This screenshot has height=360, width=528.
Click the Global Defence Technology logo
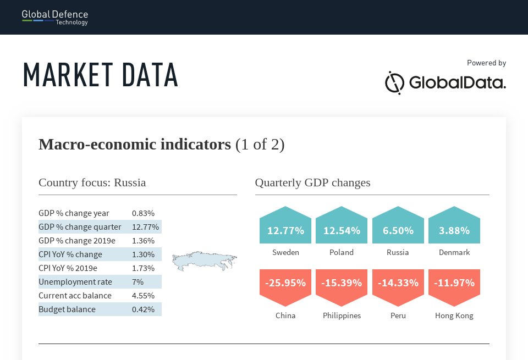55,17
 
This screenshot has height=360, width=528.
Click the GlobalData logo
445,83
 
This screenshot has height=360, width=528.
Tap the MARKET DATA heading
101,75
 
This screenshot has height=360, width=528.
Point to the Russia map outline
204,261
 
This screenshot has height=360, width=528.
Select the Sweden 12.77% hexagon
285,230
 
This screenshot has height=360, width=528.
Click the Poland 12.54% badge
342,230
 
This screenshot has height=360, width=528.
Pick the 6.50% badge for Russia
398,230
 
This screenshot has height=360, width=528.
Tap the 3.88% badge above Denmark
454,230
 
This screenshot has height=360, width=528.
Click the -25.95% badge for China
285,284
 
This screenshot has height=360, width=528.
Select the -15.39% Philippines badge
342,284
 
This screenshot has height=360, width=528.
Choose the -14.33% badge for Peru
398,284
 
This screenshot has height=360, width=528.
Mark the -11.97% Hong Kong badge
454,284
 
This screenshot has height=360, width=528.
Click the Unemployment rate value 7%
137,282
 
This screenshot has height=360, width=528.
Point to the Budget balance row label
67,309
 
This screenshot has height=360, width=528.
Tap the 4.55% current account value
143,296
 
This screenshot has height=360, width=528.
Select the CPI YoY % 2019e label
68,268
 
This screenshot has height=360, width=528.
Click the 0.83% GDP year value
143,213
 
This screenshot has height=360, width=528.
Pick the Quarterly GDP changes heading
312,182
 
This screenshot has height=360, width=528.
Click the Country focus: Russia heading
92,182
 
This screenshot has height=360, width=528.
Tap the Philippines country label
342,315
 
